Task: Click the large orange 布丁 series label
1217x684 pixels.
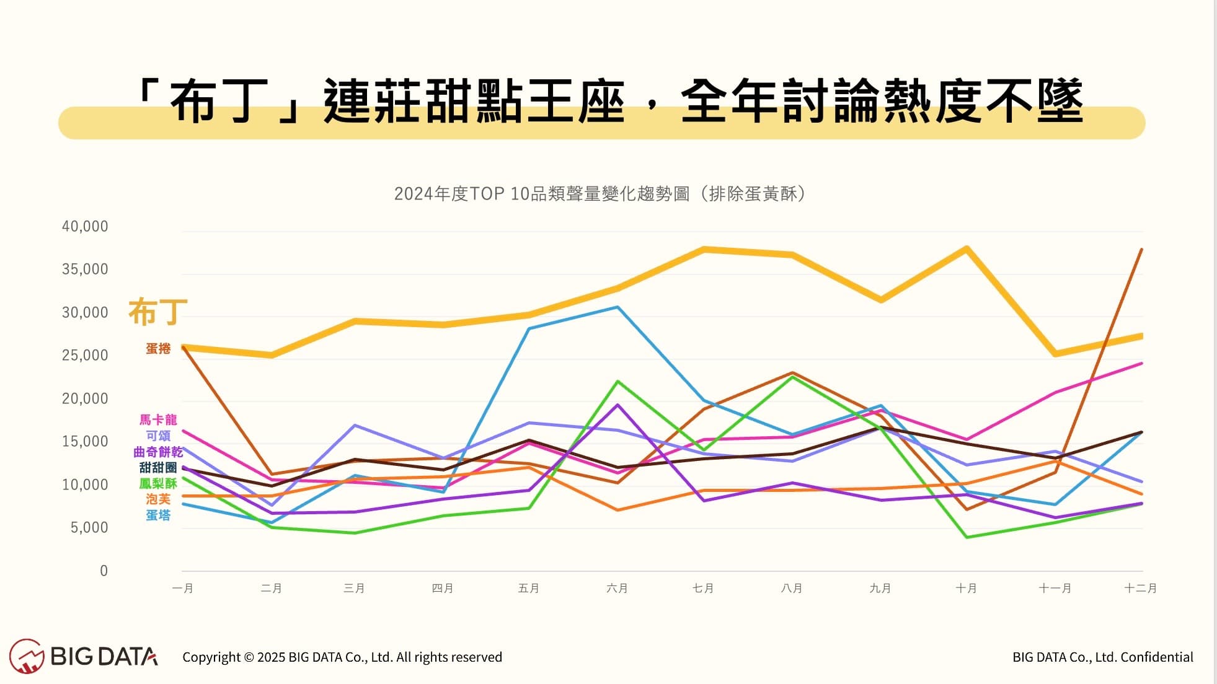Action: pos(157,312)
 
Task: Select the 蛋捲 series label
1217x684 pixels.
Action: pos(158,349)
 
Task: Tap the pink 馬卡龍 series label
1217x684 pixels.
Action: pos(158,420)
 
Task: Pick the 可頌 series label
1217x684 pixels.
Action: pos(158,436)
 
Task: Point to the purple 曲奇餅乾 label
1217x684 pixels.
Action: pos(158,452)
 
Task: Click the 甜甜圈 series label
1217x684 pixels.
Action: pos(158,468)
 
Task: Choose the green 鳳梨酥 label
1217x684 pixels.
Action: pos(158,484)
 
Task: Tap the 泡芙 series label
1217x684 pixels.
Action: pos(158,499)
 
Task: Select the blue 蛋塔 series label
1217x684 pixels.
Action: pos(158,515)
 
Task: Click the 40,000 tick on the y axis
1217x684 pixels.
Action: pos(85,227)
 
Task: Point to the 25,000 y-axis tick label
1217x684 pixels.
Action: pos(85,356)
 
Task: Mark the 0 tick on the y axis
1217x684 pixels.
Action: pos(104,571)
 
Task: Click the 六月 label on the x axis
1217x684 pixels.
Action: pos(617,588)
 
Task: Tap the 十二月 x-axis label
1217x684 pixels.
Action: pos(1140,588)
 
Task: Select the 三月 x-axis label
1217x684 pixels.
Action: pos(354,588)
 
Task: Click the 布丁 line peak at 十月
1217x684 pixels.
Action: pos(967,249)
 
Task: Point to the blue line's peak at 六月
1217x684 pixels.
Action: pos(617,307)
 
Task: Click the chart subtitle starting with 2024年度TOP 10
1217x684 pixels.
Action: pos(600,194)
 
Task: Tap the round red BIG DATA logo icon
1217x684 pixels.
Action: pos(27,656)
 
